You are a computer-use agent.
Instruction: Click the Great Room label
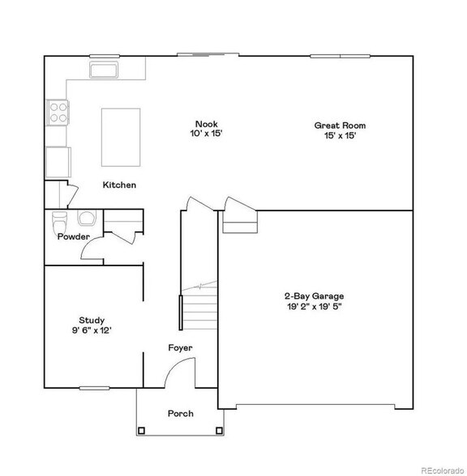pyautogui.click(x=340, y=125)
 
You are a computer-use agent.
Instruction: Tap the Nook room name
pyautogui.click(x=207, y=124)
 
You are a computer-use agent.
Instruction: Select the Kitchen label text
pyautogui.click(x=119, y=185)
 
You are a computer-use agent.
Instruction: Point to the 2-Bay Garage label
pyautogui.click(x=315, y=296)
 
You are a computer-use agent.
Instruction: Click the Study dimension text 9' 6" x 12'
pyautogui.click(x=92, y=330)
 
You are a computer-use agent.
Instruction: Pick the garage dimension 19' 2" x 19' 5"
pyautogui.click(x=315, y=306)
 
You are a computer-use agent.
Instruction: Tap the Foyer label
pyautogui.click(x=180, y=348)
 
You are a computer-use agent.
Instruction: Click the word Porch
pyautogui.click(x=181, y=414)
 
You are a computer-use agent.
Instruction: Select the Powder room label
pyautogui.click(x=74, y=236)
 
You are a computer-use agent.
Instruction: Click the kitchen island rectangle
pyautogui.click(x=121, y=138)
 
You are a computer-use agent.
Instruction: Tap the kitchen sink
pyautogui.click(x=104, y=70)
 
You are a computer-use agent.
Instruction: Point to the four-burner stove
pyautogui.click(x=58, y=113)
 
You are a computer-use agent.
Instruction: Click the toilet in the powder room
pyautogui.click(x=60, y=223)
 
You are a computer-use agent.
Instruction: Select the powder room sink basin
pyautogui.click(x=87, y=218)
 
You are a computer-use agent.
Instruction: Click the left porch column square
pyautogui.click(x=141, y=431)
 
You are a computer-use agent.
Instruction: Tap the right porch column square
pyautogui.click(x=219, y=431)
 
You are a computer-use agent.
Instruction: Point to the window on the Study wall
pyautogui.click(x=94, y=388)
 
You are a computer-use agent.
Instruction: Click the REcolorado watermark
pyautogui.click(x=443, y=470)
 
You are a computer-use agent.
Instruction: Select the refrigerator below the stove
pyautogui.click(x=58, y=162)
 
